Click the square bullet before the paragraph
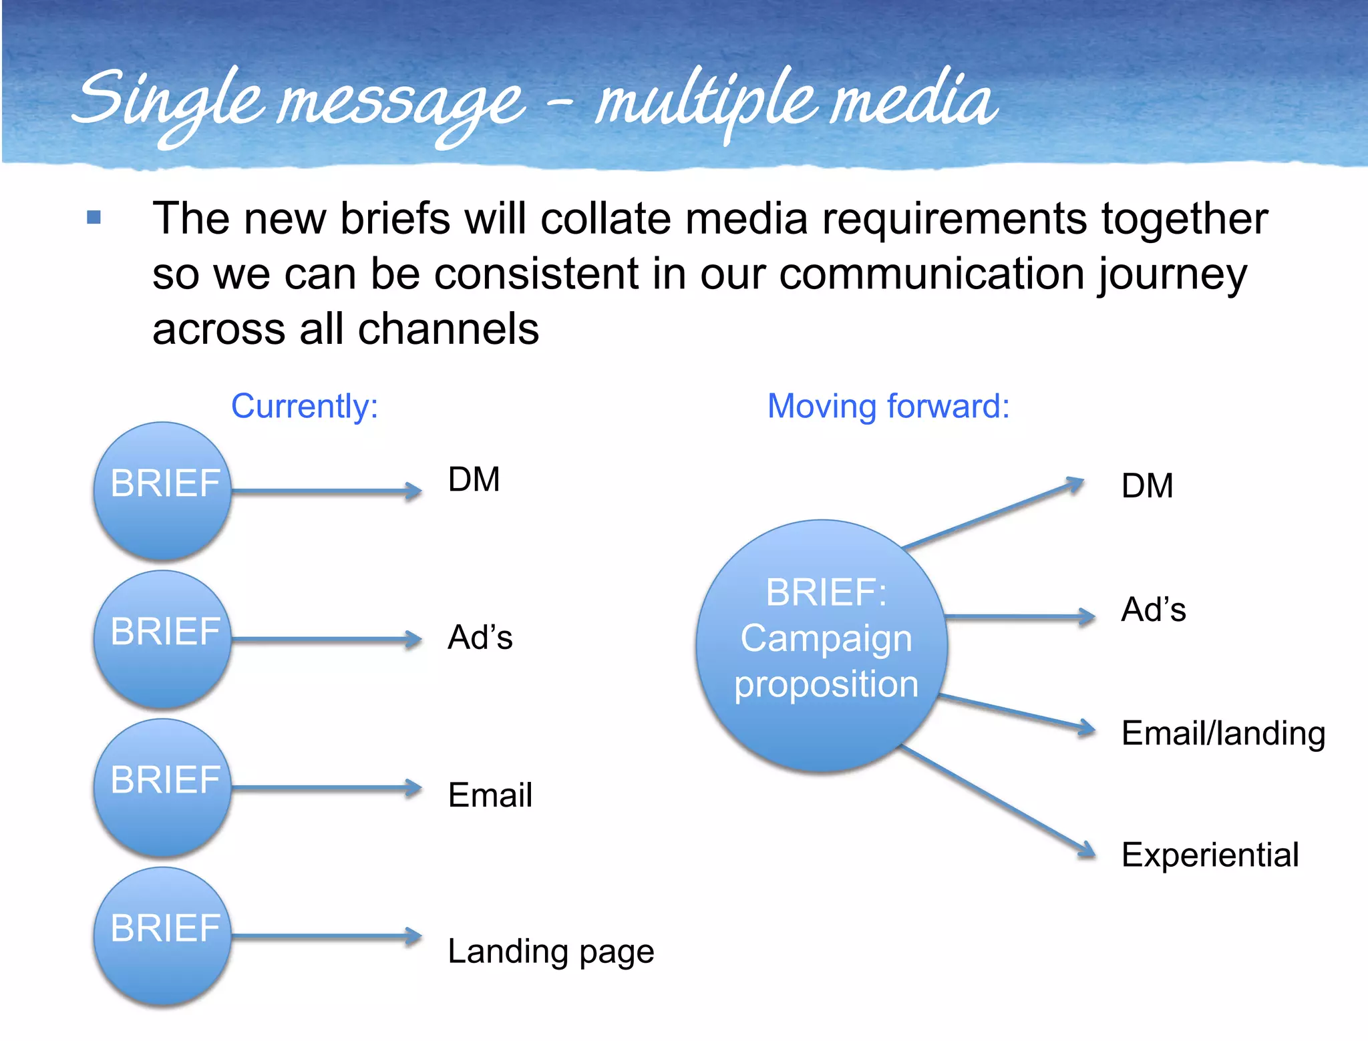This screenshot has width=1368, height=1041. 94,218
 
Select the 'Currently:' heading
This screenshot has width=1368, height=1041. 305,406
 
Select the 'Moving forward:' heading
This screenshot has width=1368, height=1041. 888,406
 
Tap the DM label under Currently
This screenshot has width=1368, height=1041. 474,479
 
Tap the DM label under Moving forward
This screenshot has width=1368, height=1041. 1147,485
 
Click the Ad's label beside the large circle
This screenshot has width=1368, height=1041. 1154,610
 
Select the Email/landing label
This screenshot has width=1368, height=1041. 1223,733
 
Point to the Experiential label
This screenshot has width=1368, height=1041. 1210,855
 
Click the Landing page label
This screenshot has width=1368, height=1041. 550,951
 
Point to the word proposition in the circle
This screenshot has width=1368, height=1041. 826,684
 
